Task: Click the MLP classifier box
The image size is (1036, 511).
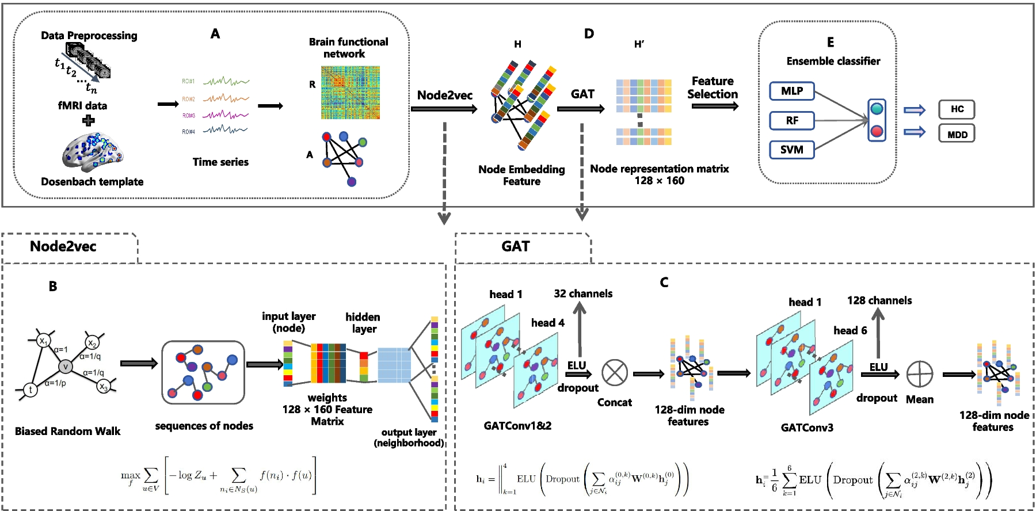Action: [792, 91]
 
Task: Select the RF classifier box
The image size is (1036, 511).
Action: [792, 120]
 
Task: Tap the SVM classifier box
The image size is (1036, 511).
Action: [792, 150]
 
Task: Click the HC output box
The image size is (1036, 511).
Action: [957, 109]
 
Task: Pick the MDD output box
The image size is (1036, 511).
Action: [957, 134]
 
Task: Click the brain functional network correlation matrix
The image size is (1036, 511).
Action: [350, 93]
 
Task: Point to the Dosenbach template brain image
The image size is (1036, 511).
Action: [92, 152]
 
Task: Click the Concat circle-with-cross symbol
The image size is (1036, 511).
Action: [615, 373]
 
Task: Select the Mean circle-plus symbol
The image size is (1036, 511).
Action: [919, 375]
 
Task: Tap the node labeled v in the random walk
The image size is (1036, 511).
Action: [66, 367]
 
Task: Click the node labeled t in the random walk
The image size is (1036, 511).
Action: [30, 390]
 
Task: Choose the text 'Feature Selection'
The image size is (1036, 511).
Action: [713, 87]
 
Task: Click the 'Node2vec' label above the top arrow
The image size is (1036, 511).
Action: [444, 95]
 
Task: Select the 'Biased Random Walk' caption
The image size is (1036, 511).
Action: [67, 431]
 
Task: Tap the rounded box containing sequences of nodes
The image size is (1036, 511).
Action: [203, 372]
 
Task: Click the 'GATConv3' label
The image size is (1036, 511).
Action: [807, 428]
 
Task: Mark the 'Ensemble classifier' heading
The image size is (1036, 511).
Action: [833, 61]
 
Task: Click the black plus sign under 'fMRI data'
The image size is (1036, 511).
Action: [88, 120]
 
